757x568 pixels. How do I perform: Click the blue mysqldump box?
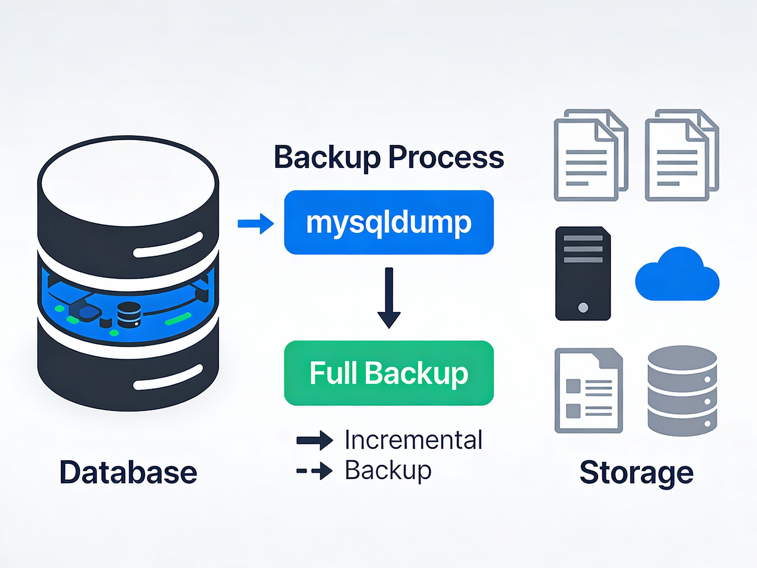pyautogui.click(x=389, y=222)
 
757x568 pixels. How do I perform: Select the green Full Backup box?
pyautogui.click(x=389, y=373)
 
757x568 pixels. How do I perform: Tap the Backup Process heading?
pyautogui.click(x=389, y=157)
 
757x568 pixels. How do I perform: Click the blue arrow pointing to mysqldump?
pyautogui.click(x=256, y=224)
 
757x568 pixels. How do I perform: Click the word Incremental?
pyautogui.click(x=413, y=440)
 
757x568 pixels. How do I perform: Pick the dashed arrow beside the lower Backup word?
pyautogui.click(x=314, y=471)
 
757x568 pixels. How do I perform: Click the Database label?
pyautogui.click(x=128, y=472)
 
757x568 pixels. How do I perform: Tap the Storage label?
pyautogui.click(x=636, y=472)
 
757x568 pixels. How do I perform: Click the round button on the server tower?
pyautogui.click(x=583, y=307)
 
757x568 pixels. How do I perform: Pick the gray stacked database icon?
pyautogui.click(x=682, y=390)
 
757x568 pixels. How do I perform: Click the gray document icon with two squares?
pyautogui.click(x=588, y=390)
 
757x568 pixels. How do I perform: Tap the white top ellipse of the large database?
pyautogui.click(x=128, y=181)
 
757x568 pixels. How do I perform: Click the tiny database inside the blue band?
pyautogui.click(x=129, y=315)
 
